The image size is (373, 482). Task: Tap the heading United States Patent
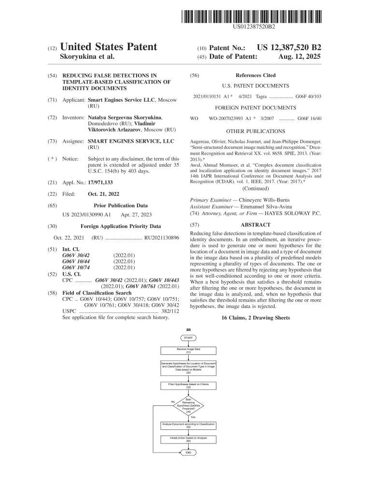point(109,47)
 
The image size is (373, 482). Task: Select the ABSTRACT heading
point(255,225)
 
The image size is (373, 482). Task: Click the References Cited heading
point(255,75)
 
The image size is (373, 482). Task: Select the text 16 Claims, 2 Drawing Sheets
point(256,318)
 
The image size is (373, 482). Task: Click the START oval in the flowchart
point(188,338)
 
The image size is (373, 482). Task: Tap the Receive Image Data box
point(188,350)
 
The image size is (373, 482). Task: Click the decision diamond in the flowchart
point(188,405)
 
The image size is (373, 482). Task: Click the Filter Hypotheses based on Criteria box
point(188,385)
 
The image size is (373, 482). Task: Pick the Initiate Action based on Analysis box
point(188,439)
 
